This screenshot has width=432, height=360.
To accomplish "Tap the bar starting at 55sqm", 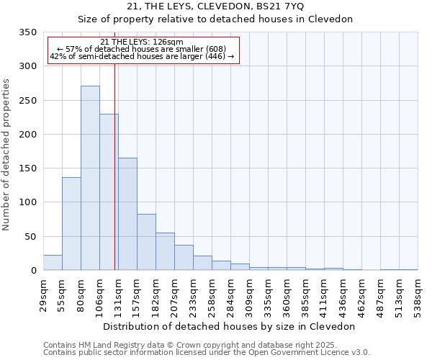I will pyautogui.click(x=71, y=223).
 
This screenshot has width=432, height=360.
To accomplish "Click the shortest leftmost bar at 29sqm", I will pyautogui.click(x=53, y=263).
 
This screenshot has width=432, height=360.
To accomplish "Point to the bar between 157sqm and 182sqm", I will pyautogui.click(x=146, y=242).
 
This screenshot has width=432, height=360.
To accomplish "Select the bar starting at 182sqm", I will pyautogui.click(x=165, y=251).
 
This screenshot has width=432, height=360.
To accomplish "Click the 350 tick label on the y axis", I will pyautogui.click(x=27, y=32).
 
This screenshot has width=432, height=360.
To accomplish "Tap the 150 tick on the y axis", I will pyautogui.click(x=27, y=168).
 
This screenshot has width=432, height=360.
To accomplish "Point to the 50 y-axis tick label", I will pyautogui.click(x=30, y=236).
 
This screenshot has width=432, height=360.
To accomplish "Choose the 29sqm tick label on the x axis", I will pyautogui.click(x=43, y=291).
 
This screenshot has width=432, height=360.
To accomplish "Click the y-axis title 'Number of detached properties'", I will pyautogui.click(x=6, y=155).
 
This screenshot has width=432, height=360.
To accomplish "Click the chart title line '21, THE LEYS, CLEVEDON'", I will pyautogui.click(x=215, y=6).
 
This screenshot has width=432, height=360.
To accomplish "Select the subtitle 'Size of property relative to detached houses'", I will pyautogui.click(x=215, y=19).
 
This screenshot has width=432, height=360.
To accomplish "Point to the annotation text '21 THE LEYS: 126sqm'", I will pyautogui.click(x=142, y=42).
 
